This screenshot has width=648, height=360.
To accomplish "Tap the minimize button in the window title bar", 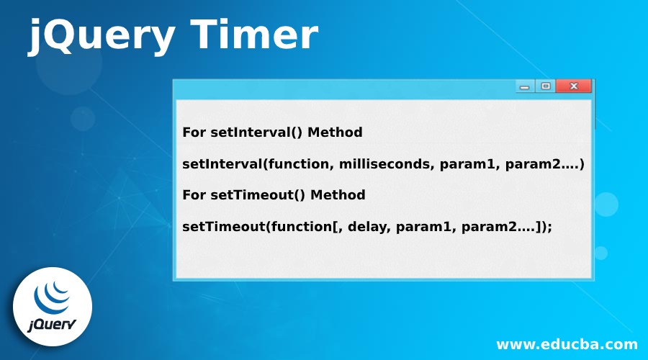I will [525, 86].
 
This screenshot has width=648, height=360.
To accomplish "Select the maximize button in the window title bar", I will [546, 86].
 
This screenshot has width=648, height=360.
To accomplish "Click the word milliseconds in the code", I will [377, 164].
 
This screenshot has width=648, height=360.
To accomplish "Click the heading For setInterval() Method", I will [272, 132].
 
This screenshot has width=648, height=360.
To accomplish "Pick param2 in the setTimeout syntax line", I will [492, 226].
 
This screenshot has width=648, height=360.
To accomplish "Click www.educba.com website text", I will [567, 343].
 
